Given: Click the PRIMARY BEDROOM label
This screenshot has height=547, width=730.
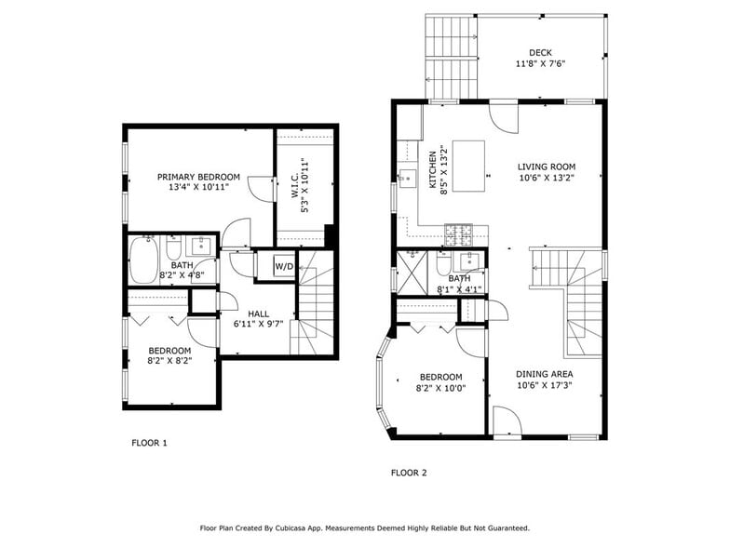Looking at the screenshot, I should (x=198, y=177).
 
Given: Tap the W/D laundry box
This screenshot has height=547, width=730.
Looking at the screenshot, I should (x=283, y=267).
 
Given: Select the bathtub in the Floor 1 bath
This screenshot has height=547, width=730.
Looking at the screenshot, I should (x=143, y=260).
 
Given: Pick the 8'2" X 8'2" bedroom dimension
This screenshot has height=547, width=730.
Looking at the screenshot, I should (x=169, y=362).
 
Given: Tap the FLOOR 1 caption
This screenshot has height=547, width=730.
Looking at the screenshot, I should (x=149, y=443).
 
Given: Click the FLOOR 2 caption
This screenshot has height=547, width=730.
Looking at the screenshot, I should (x=408, y=473).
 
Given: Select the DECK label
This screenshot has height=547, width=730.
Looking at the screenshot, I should (x=540, y=52).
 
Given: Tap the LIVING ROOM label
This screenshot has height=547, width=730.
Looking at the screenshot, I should (x=547, y=167).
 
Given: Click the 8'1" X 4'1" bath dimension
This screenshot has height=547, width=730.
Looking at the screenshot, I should (x=459, y=289).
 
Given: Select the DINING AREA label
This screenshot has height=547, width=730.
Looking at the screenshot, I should (x=544, y=374).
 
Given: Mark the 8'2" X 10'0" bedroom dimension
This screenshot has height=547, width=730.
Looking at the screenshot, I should (x=451, y=388).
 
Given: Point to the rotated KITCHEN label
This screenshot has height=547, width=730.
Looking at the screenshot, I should (x=433, y=170).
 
